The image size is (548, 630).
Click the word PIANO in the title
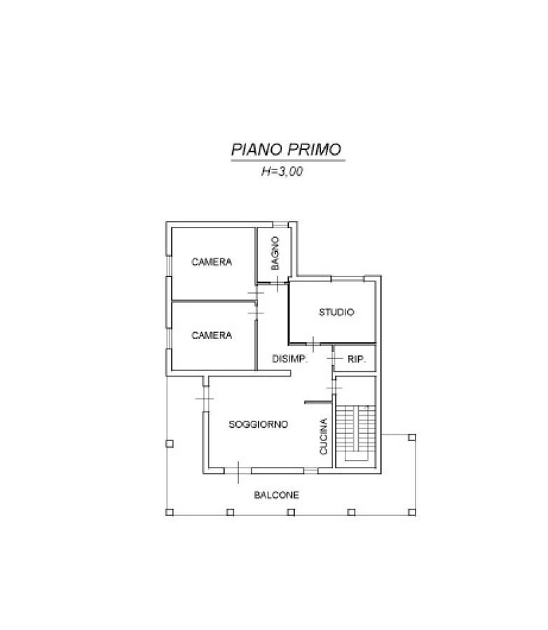(x=256, y=150)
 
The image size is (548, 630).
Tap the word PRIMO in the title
(x=314, y=150)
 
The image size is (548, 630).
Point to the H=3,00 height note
(x=282, y=171)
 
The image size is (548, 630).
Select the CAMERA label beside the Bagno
(x=212, y=262)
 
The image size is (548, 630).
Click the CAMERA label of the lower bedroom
(x=212, y=335)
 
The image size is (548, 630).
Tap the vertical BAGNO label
(x=275, y=253)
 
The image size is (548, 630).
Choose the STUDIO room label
(x=336, y=312)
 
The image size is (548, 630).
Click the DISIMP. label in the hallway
(x=289, y=359)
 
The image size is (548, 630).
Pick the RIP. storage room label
(x=357, y=359)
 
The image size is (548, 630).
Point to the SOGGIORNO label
(x=259, y=424)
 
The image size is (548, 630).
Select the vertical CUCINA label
(x=324, y=437)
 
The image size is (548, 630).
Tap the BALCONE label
(x=276, y=495)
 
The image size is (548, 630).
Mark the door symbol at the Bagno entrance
(x=278, y=283)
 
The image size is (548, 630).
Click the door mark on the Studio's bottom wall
(x=313, y=344)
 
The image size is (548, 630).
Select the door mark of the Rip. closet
(x=334, y=358)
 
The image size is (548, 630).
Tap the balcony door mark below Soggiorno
(x=238, y=472)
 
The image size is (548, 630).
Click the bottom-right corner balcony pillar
(x=411, y=512)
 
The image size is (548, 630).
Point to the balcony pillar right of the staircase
(x=411, y=437)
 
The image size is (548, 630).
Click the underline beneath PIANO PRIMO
(x=288, y=160)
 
